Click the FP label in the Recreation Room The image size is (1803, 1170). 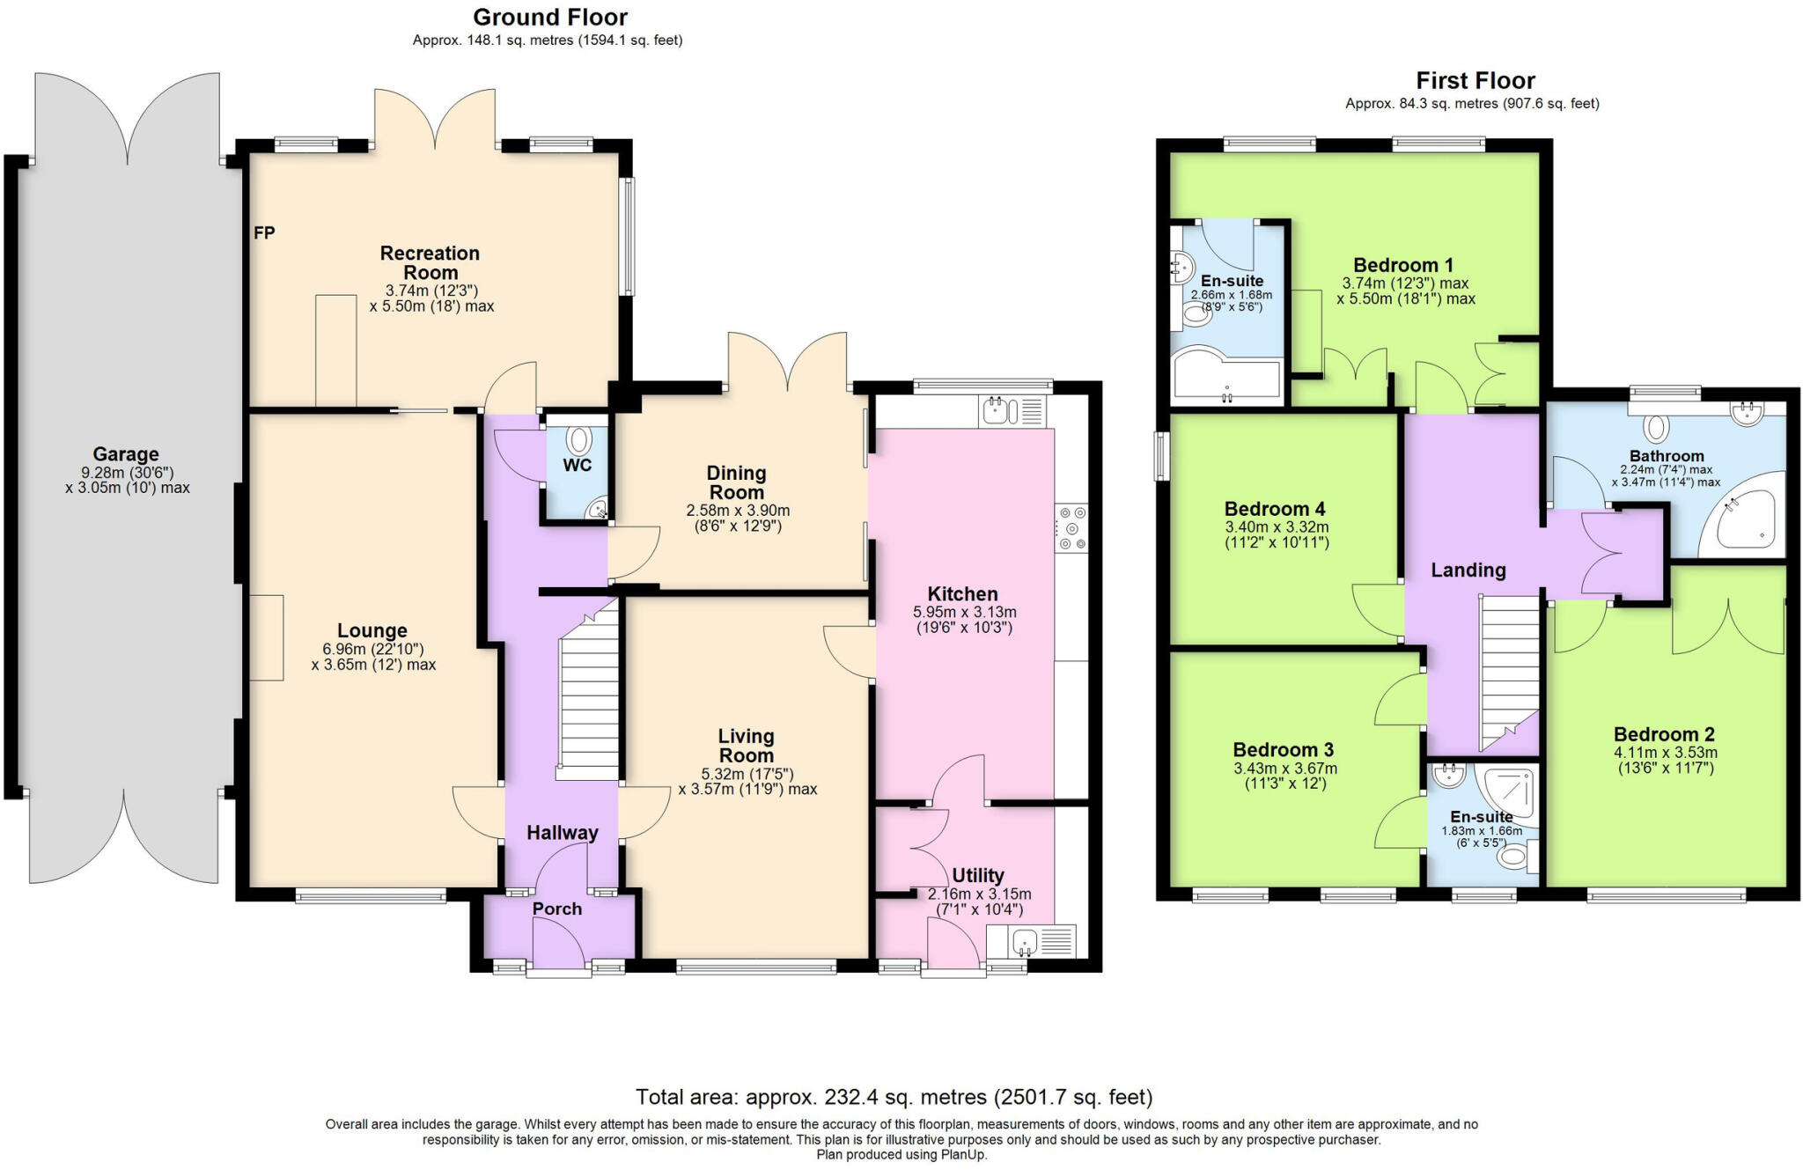pyautogui.click(x=264, y=233)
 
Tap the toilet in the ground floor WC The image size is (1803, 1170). pyautogui.click(x=579, y=440)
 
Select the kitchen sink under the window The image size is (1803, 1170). pyautogui.click(x=998, y=410)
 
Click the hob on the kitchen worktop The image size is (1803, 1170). pyautogui.click(x=1072, y=528)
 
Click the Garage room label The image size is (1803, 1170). pyautogui.click(x=126, y=454)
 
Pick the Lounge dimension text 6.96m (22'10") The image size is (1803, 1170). pyautogui.click(x=372, y=649)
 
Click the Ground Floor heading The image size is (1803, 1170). pyautogui.click(x=550, y=17)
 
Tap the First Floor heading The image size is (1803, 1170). pyautogui.click(x=1476, y=81)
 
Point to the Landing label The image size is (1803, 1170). pyautogui.click(x=1468, y=570)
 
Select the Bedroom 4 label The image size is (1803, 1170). pyautogui.click(x=1275, y=509)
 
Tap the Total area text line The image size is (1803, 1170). pyautogui.click(x=894, y=1097)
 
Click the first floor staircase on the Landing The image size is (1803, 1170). pyautogui.click(x=1509, y=669)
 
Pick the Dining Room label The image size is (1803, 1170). pyautogui.click(x=737, y=482)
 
